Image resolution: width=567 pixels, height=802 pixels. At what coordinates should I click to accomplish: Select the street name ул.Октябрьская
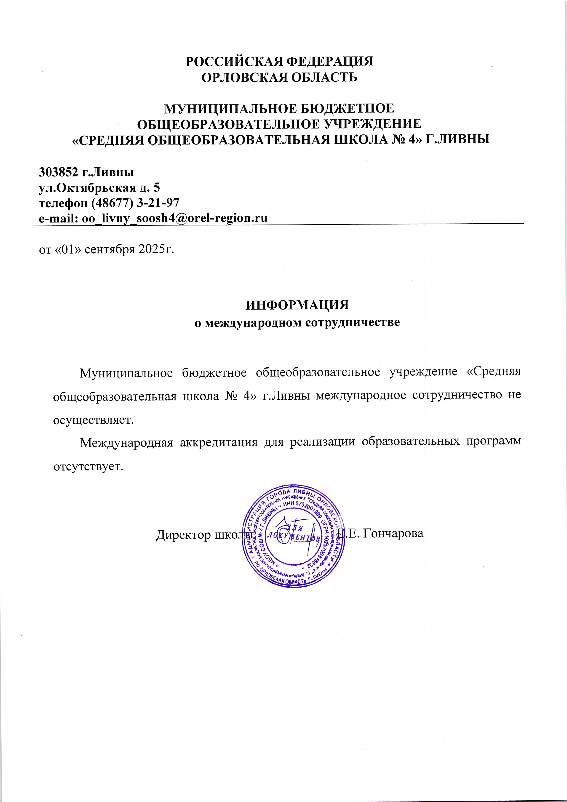point(87,188)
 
